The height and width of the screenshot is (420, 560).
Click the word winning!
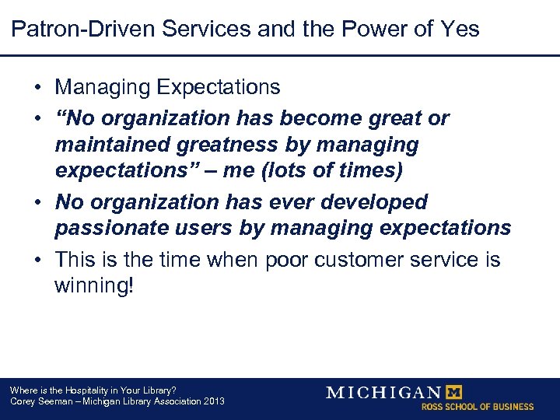[94, 285]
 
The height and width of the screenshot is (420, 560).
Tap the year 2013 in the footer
[212, 401]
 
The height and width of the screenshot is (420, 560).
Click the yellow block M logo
[452, 391]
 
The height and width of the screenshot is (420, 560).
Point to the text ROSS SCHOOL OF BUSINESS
[478, 407]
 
